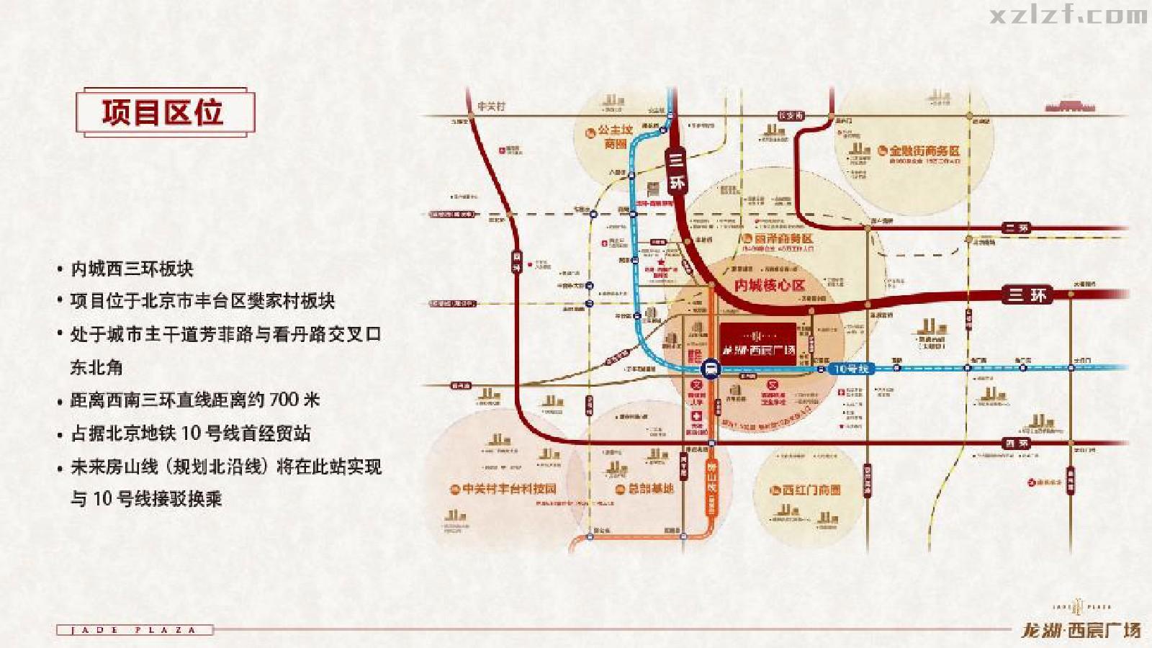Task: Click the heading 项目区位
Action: point(163,113)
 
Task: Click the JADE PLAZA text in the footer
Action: point(135,630)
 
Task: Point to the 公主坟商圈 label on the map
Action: point(615,136)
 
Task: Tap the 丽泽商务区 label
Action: point(783,238)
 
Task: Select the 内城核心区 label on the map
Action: point(769,285)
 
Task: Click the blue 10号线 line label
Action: point(851,369)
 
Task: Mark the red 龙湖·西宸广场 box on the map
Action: point(758,343)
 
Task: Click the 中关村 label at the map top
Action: point(491,107)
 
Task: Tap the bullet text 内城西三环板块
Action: point(132,269)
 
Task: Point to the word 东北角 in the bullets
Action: point(96,367)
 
